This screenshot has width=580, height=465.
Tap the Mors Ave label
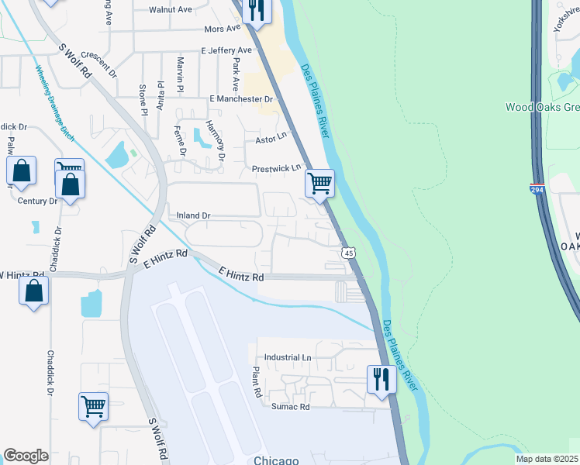tap(223, 29)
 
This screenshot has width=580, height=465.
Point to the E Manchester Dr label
tap(242, 99)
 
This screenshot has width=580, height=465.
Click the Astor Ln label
tap(271, 140)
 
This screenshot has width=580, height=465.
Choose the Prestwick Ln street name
tap(275, 168)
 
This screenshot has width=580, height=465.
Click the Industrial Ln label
tap(287, 357)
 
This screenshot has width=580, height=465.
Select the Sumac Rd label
tap(290, 406)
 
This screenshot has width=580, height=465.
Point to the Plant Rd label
tap(254, 383)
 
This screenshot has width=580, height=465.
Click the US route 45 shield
tap(348, 253)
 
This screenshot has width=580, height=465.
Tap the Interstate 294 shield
tap(537, 188)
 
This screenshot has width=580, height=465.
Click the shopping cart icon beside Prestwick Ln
tap(319, 184)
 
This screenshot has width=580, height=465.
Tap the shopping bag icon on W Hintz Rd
tap(33, 291)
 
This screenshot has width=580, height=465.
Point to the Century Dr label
tap(37, 201)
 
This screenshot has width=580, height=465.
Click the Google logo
tap(26, 456)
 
